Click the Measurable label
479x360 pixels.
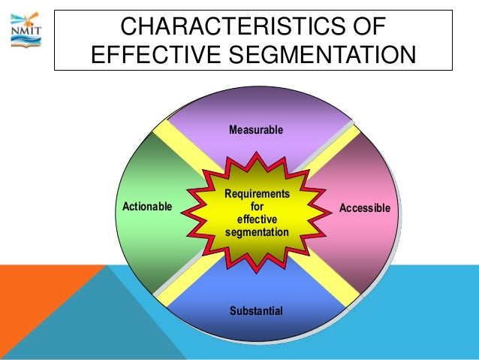point(256,130)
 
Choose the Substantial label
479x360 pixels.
point(256,310)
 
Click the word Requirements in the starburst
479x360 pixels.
point(257,194)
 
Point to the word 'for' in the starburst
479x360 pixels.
point(257,206)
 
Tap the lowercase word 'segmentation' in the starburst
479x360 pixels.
point(257,232)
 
